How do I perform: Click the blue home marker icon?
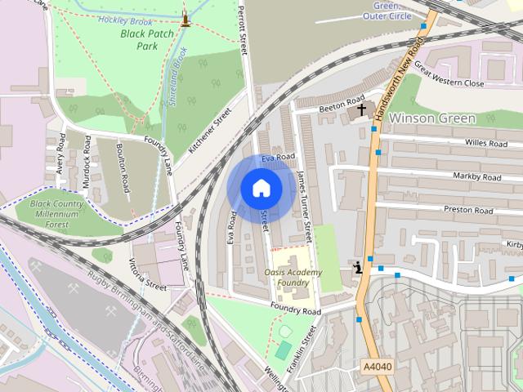261,188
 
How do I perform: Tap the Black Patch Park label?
150,40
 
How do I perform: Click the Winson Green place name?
432,118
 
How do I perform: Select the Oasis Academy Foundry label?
293,277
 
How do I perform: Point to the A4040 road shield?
376,367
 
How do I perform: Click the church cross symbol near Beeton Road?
362,109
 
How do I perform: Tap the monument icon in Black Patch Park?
186,17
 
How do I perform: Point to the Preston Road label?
469,210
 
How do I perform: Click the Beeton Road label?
342,106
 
